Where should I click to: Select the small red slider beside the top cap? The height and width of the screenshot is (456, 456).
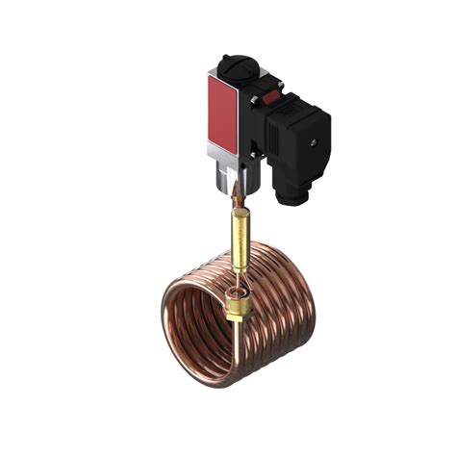point(272,93)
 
